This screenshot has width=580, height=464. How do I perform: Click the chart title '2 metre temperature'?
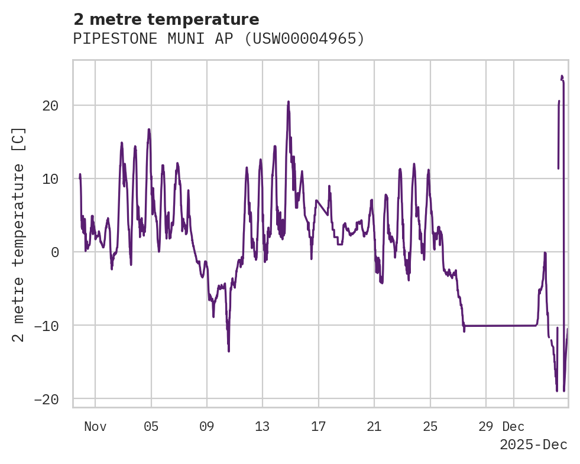pos(166,20)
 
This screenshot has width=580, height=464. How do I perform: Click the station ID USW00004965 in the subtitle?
pos(305,39)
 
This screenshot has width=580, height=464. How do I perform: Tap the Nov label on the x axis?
pos(95,426)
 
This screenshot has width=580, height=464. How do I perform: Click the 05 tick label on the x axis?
pos(151,426)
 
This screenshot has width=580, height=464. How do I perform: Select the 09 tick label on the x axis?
pos(207,426)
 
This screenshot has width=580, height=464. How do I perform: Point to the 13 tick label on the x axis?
pos(263,426)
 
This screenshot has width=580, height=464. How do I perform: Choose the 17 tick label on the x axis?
pos(318,426)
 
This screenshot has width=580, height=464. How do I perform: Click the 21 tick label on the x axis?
pos(374,426)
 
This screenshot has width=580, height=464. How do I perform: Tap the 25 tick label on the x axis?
pos(430,426)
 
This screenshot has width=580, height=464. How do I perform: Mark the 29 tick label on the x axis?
pos(486,426)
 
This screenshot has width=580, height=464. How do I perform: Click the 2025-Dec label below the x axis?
pos(533,445)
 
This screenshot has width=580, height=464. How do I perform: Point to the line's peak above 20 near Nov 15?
pos(289,102)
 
